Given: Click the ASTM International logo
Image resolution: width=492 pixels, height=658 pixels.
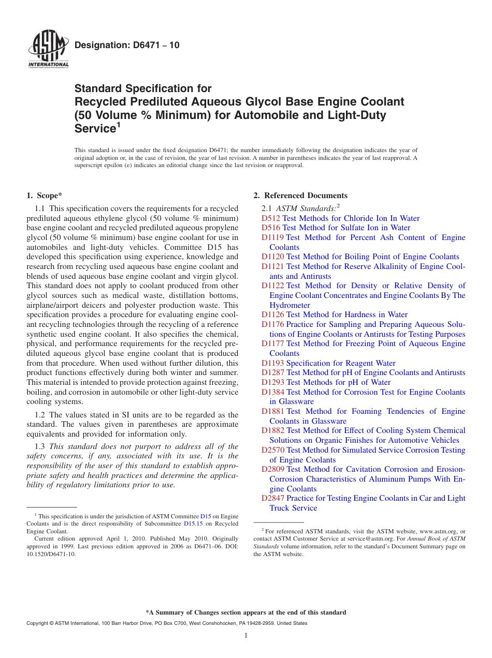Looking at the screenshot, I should tap(48, 50).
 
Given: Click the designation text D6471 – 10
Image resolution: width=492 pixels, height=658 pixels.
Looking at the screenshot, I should tap(127, 45).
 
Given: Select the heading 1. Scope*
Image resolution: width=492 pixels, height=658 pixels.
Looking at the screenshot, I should tap(44, 196).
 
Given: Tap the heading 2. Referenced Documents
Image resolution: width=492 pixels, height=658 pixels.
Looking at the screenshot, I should tap(300, 196).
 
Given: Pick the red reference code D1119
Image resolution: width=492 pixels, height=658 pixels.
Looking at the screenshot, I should tap(273, 237).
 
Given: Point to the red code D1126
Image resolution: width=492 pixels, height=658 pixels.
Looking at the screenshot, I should tap(273, 315).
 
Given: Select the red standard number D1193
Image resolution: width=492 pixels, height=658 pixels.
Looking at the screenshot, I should tap(273, 363).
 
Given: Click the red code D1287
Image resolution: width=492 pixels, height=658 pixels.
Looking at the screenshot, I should tap(273, 372).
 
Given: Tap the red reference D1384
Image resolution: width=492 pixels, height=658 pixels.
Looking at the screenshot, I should tap(273, 392).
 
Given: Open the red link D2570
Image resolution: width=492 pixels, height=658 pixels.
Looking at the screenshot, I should tap(273, 450).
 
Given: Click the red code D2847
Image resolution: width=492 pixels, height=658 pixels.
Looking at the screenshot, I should tap(273, 498).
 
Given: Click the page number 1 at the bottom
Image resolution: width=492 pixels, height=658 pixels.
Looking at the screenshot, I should tap(246, 636).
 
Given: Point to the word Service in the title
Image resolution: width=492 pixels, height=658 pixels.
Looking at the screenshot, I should tap(94, 128).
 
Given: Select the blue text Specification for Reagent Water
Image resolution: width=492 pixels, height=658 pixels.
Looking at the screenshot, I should tap(341, 363).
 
